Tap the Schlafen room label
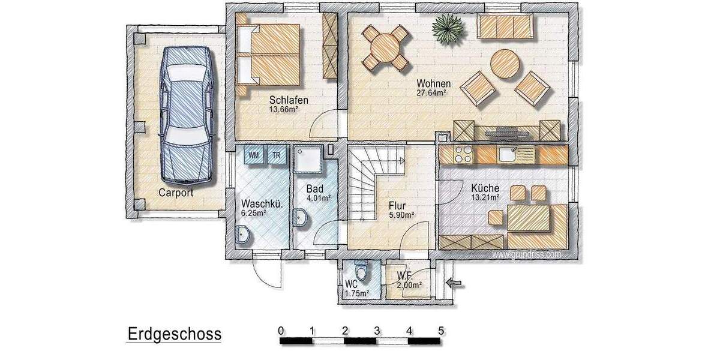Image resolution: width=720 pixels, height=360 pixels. [289, 100]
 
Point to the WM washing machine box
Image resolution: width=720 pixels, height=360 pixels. [254, 155]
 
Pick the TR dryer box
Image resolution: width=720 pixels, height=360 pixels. [277, 155]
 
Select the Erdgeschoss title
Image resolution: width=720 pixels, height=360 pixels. [174, 334]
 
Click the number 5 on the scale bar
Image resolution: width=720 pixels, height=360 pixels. [441, 330]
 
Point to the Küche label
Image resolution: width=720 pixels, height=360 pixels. [485, 188]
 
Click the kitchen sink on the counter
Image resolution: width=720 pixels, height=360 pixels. [507, 154]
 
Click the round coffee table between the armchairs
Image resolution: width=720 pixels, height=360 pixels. [505, 64]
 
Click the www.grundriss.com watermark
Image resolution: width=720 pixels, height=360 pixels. [527, 254]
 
